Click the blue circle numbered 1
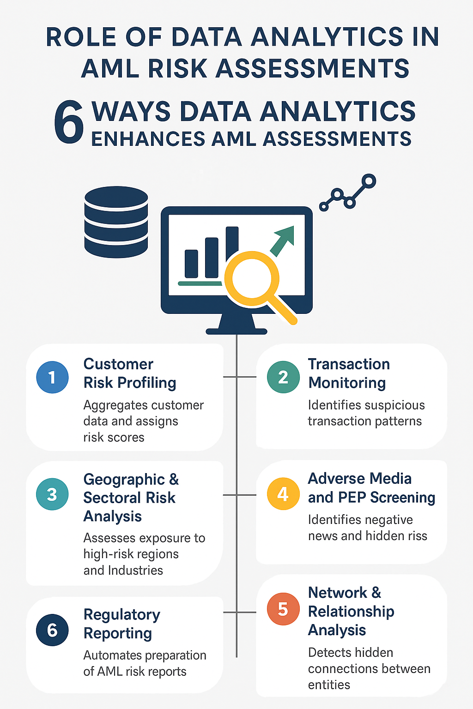[52, 377]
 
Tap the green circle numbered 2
[283, 377]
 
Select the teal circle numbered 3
[52, 494]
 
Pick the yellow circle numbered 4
[283, 494]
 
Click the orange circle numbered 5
[283, 609]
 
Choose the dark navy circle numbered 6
[52, 630]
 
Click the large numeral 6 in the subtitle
[68, 123]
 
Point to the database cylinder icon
[116, 222]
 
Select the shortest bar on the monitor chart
[191, 264]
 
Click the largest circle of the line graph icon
[369, 181]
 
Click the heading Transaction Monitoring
[349, 373]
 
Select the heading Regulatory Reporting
[121, 624]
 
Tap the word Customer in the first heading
[118, 364]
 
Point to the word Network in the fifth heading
[338, 593]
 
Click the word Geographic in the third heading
[124, 480]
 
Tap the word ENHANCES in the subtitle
[148, 139]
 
